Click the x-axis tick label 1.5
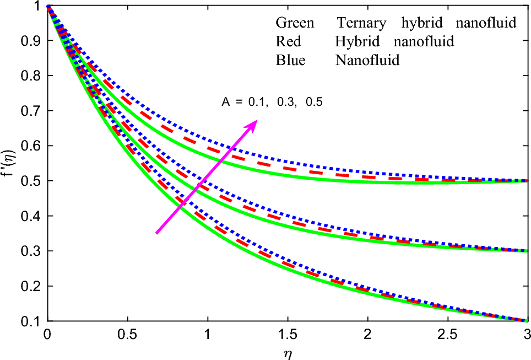pos(288,335)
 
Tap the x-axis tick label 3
pos(527,335)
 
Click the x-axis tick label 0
pos(48,335)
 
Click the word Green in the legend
pos(295,23)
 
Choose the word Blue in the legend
pos(290,60)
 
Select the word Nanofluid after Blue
pos(367,60)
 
